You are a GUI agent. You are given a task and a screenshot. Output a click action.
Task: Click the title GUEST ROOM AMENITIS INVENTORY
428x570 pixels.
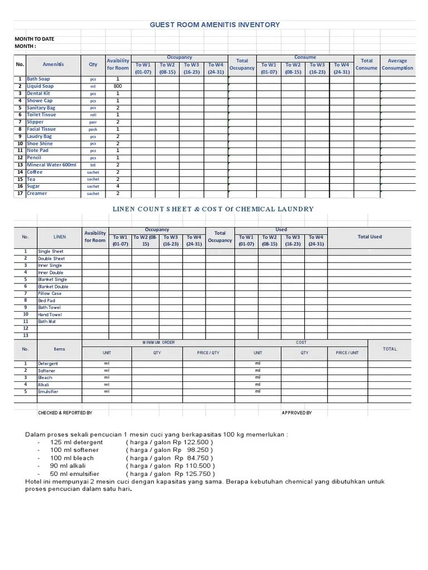[x=215, y=24]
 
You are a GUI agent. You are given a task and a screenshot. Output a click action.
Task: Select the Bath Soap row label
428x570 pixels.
[x=38, y=79]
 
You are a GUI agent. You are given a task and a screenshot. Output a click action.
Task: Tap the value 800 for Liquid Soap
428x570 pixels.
[x=118, y=86]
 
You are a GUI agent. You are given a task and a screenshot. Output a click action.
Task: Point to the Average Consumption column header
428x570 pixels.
[x=397, y=64]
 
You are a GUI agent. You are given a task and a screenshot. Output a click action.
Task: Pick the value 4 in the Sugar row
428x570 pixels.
[x=118, y=186]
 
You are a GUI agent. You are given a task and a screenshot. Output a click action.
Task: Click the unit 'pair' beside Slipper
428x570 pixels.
[x=93, y=122]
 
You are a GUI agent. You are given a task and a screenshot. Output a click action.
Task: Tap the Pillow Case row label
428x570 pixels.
[x=50, y=293]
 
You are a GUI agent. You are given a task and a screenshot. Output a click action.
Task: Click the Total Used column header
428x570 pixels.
[x=369, y=237]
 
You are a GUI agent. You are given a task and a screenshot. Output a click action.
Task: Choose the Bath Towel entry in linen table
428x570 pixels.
[x=49, y=307]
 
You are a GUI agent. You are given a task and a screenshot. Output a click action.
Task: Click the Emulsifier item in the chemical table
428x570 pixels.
[x=48, y=391]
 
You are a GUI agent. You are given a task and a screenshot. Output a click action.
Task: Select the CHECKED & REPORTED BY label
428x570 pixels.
[x=65, y=413]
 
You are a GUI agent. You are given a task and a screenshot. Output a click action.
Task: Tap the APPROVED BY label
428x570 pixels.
[x=296, y=413]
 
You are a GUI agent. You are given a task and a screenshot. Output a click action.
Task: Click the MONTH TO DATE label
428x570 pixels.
[x=35, y=39]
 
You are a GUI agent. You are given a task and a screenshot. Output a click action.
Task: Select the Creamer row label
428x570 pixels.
[x=37, y=194]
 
